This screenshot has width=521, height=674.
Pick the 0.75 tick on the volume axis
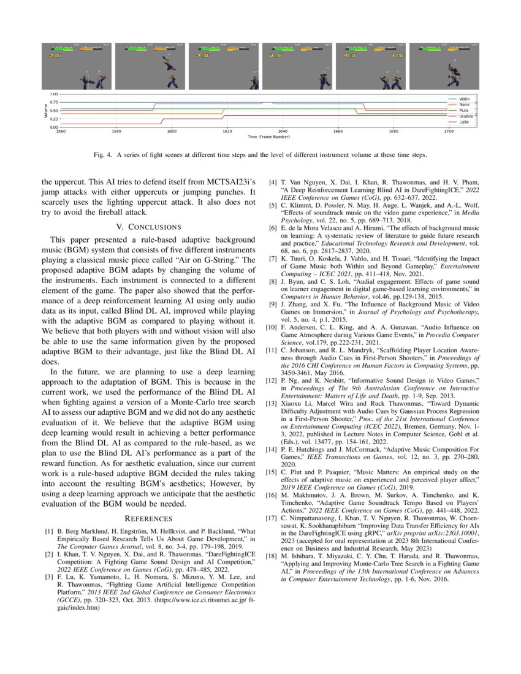[x=55, y=102]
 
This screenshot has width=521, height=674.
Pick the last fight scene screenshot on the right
[x=444, y=66]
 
